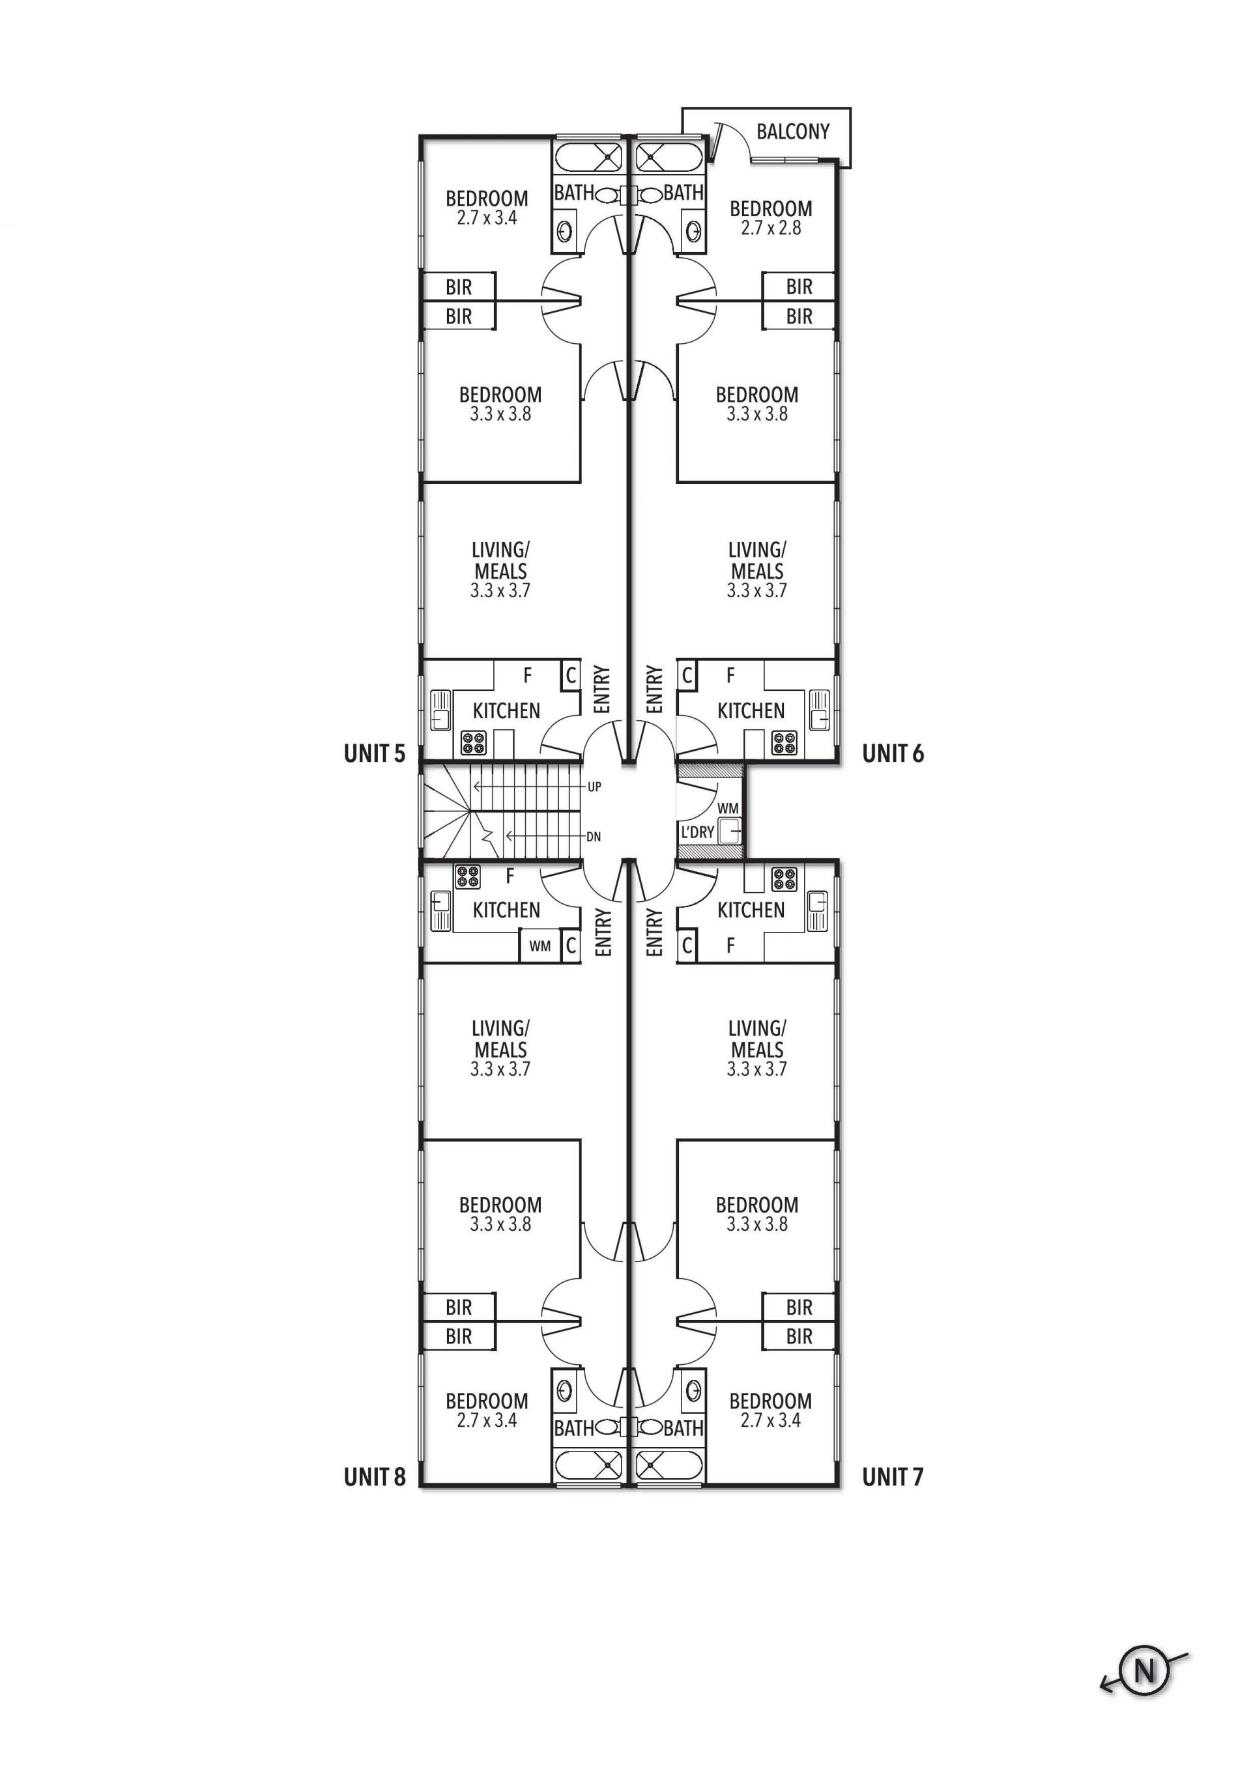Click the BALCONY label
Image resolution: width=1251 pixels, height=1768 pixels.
793,132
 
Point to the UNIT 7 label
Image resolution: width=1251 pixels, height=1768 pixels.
893,1477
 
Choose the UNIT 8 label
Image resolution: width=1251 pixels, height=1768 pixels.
375,1477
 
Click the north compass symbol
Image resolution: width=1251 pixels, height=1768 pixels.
1145,1672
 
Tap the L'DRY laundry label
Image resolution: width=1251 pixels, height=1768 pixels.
697,832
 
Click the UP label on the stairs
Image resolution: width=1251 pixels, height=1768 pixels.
594,787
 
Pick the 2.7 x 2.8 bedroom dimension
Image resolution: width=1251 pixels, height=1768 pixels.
771,228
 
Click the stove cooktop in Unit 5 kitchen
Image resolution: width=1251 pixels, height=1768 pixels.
474,743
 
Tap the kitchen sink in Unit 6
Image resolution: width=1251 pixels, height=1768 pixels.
819,710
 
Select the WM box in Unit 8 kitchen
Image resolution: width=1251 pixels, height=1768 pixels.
540,946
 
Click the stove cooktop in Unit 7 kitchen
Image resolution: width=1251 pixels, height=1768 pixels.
785,879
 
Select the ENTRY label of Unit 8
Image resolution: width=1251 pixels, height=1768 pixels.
604,933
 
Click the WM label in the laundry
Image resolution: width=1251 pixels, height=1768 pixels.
728,809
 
